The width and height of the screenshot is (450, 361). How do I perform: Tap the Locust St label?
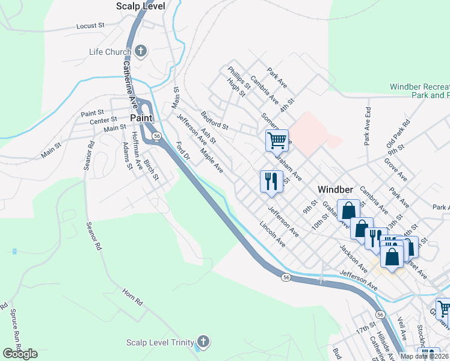[91, 26]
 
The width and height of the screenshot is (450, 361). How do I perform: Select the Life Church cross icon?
[141, 51]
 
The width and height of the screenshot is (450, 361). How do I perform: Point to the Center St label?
[103, 121]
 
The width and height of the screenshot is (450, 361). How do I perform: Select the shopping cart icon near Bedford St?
[277, 141]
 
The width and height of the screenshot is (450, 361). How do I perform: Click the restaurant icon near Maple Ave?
[271, 180]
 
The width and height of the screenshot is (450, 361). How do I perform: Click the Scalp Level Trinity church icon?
[203, 342]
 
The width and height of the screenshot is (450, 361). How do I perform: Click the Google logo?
[20, 354]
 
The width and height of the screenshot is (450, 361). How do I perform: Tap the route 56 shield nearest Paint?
[157, 137]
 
